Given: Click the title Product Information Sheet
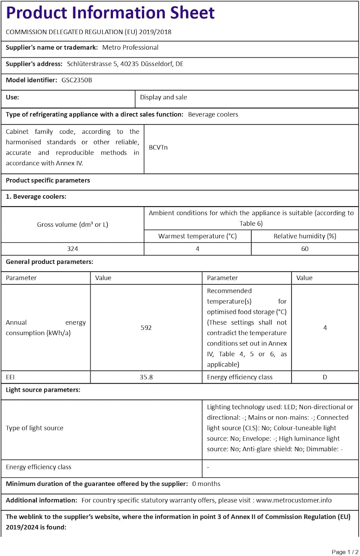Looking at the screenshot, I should coord(110,13).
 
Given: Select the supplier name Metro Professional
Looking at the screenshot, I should coord(130,47).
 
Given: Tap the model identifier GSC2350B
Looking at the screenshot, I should coord(77,80).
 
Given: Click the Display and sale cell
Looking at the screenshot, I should coord(163,97).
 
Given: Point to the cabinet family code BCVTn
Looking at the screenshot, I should coord(158,148).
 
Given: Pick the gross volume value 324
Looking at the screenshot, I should coord(73,249).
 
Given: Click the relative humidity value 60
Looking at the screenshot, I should coord(305,249).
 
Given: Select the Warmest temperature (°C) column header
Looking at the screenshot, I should coord(197,236).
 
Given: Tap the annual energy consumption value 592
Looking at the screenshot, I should coord(146,328).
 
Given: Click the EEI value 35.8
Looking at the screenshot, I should coord(146,377).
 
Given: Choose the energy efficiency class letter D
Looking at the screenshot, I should coord(325,377).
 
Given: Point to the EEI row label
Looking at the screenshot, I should coord(10,377).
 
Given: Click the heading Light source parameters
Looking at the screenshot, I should coord(43,390).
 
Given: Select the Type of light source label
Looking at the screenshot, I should coord(34,428).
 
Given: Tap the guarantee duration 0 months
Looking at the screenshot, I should coord(206,484).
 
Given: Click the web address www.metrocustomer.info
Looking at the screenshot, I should coord(294,500).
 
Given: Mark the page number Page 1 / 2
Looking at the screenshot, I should coord(345,552).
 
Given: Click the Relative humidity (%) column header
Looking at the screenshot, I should coord(305,236).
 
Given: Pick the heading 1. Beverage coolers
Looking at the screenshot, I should coord(36,196).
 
